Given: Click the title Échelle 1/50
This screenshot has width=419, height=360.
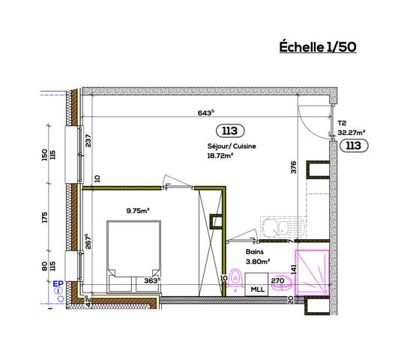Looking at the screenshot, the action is (x=318, y=46).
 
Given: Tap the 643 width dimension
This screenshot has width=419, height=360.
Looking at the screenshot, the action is (x=206, y=112).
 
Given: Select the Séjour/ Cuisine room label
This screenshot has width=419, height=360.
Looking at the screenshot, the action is (x=232, y=146).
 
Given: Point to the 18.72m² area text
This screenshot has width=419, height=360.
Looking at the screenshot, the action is (x=220, y=156).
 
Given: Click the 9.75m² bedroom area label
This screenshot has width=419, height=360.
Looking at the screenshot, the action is (x=138, y=211).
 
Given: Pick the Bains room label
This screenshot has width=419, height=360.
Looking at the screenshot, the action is (x=255, y=252).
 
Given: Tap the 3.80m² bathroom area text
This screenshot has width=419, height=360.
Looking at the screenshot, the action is (x=258, y=261).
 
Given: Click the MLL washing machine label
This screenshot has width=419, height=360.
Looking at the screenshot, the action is (x=257, y=289).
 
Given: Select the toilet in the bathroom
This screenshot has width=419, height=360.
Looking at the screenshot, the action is (x=235, y=282).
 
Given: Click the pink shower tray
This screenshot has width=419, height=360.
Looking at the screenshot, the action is (x=312, y=272).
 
